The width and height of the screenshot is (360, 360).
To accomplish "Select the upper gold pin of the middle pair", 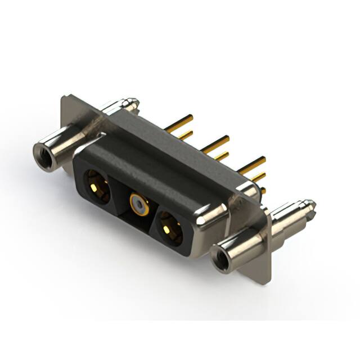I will [x=217, y=142].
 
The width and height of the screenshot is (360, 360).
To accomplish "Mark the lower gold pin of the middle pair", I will [x=221, y=155].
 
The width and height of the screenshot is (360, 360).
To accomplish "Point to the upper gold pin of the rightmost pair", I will [x=253, y=163].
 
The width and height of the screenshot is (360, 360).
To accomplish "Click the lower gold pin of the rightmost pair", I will [x=258, y=177].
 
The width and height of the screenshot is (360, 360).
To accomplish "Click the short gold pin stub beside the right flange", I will [x=262, y=191].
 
